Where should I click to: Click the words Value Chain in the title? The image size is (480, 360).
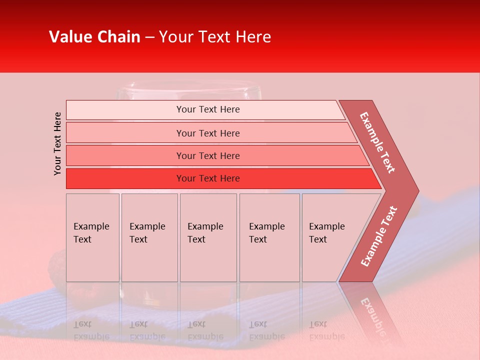[94, 37]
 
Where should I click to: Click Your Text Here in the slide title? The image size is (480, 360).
[215, 37]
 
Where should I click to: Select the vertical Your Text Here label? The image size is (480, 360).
[57, 143]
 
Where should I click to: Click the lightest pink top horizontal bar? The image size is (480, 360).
[208, 109]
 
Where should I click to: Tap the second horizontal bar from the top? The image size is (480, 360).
[208, 133]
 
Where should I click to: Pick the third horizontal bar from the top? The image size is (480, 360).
[208, 155]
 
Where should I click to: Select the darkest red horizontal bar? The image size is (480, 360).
[208, 178]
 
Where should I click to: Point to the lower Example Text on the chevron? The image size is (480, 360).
[378, 236]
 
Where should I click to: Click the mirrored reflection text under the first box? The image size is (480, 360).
[91, 330]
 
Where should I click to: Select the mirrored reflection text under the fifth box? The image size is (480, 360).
[326, 330]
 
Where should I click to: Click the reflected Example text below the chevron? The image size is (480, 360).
[372, 312]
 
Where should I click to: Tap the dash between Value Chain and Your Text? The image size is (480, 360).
[149, 37]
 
